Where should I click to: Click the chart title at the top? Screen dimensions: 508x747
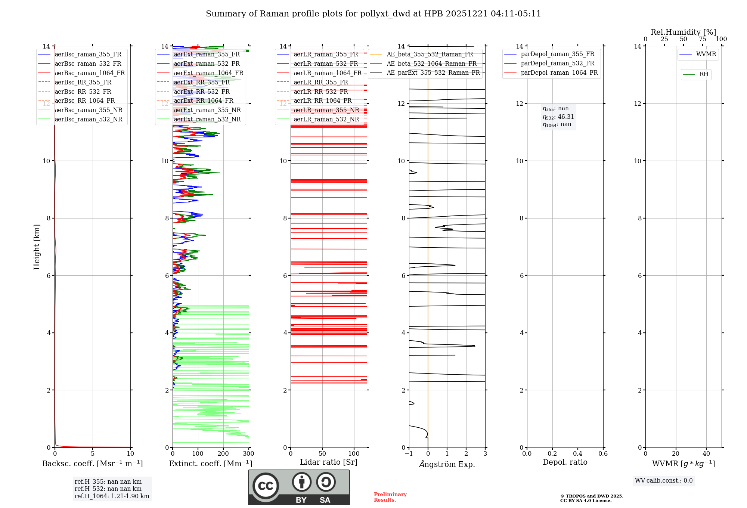373,14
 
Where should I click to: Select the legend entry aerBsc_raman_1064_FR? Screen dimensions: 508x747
90,73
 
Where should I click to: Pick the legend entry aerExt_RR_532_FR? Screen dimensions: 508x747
202,92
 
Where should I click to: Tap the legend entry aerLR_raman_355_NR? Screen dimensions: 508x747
326,110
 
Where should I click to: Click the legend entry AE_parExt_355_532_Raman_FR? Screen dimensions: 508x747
433,72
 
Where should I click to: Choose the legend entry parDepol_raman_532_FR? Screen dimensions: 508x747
557,63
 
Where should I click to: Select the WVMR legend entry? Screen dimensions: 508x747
706,54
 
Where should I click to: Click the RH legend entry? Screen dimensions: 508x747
704,74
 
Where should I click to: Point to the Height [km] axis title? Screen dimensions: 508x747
37,247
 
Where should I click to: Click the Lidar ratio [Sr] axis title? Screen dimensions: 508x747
328,462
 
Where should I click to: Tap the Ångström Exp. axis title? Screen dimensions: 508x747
447,464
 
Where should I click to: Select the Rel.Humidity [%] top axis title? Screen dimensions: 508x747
683,32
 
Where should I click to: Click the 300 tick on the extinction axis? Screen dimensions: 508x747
248,454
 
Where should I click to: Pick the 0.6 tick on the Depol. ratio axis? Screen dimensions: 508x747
603,454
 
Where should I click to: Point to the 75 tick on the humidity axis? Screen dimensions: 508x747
703,39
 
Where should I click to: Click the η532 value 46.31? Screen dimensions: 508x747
565,117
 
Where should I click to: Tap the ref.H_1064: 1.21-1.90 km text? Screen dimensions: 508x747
112,496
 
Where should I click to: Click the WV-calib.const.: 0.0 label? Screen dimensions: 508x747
663,481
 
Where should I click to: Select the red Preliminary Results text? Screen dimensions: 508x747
390,497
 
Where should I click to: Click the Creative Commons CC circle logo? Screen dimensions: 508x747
266,486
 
